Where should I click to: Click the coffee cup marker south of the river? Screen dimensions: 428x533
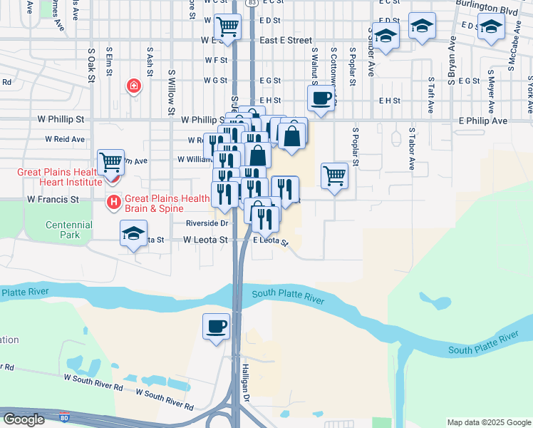click(x=217, y=327)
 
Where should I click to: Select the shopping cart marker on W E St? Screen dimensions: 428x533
click(x=227, y=26)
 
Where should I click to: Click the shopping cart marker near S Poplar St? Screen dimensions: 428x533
click(x=334, y=174)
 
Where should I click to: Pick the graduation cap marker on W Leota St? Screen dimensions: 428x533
click(x=133, y=233)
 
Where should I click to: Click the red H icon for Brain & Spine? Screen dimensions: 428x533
click(x=113, y=203)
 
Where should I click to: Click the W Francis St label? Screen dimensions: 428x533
click(x=54, y=200)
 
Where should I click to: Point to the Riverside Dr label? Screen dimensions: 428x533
click(x=206, y=223)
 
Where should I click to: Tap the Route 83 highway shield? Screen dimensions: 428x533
click(x=253, y=4)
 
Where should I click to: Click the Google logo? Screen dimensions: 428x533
click(x=24, y=419)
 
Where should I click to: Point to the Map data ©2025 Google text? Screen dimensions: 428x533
click(x=488, y=422)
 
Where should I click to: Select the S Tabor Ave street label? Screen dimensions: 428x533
click(x=411, y=149)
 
